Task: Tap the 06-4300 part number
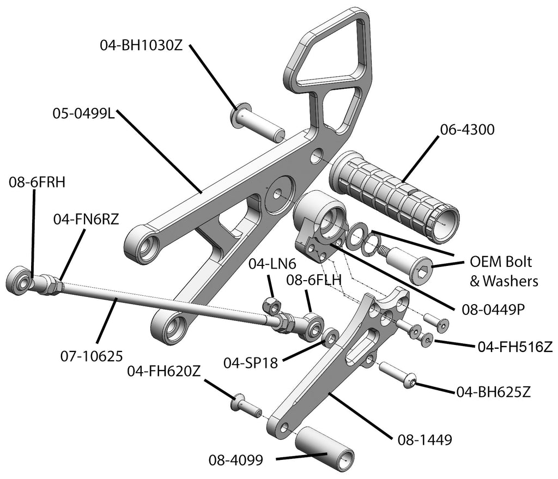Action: tap(467, 129)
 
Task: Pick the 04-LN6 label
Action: tap(272, 264)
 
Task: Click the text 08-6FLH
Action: tap(314, 281)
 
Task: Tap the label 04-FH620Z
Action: tap(164, 372)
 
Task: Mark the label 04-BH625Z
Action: tap(494, 391)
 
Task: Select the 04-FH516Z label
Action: tap(515, 346)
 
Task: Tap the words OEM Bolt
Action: tap(500, 262)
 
